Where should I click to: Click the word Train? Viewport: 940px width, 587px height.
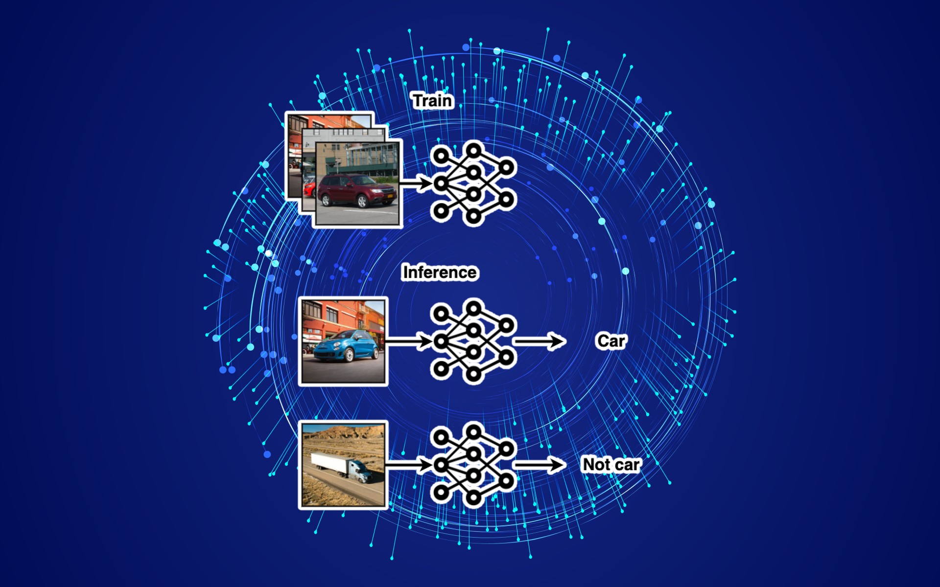pyautogui.click(x=433, y=101)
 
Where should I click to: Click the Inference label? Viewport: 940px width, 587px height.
pyautogui.click(x=440, y=272)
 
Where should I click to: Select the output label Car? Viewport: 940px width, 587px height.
pyautogui.click(x=611, y=341)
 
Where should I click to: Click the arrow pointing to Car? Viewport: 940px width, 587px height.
pyautogui.click(x=540, y=341)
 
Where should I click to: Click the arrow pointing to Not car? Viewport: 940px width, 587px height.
pyautogui.click(x=540, y=465)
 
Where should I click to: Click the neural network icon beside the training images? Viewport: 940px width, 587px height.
pyautogui.click(x=473, y=183)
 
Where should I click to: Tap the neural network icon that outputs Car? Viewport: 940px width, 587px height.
pyautogui.click(x=473, y=341)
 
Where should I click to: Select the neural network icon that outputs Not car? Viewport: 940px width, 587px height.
pyautogui.click(x=473, y=465)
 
